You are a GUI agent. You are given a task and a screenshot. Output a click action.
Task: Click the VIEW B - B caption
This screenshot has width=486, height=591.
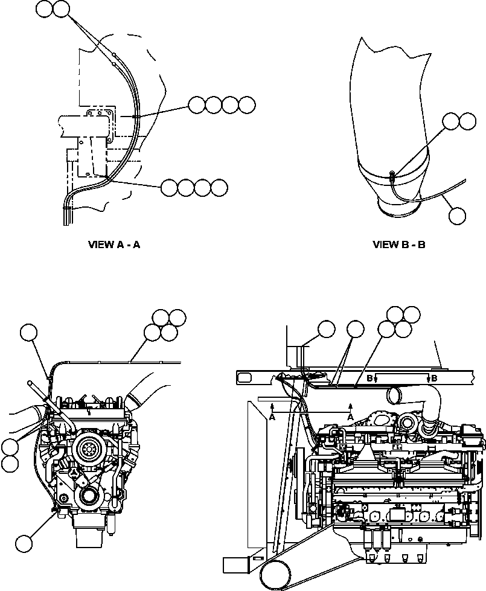point(398,244)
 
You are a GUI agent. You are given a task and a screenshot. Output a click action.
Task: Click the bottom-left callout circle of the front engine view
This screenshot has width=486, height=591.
point(25,543)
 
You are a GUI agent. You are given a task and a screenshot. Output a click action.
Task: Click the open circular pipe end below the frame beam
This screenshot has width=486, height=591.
point(395,396)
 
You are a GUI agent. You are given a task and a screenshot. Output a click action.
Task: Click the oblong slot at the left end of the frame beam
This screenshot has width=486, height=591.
point(246,377)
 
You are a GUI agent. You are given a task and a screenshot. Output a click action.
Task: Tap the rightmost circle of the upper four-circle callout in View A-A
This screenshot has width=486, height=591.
point(247,105)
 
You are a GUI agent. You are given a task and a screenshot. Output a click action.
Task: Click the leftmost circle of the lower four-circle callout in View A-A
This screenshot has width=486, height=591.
point(170,188)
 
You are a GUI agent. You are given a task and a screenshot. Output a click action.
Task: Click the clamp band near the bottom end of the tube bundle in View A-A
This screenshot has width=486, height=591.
point(68,209)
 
